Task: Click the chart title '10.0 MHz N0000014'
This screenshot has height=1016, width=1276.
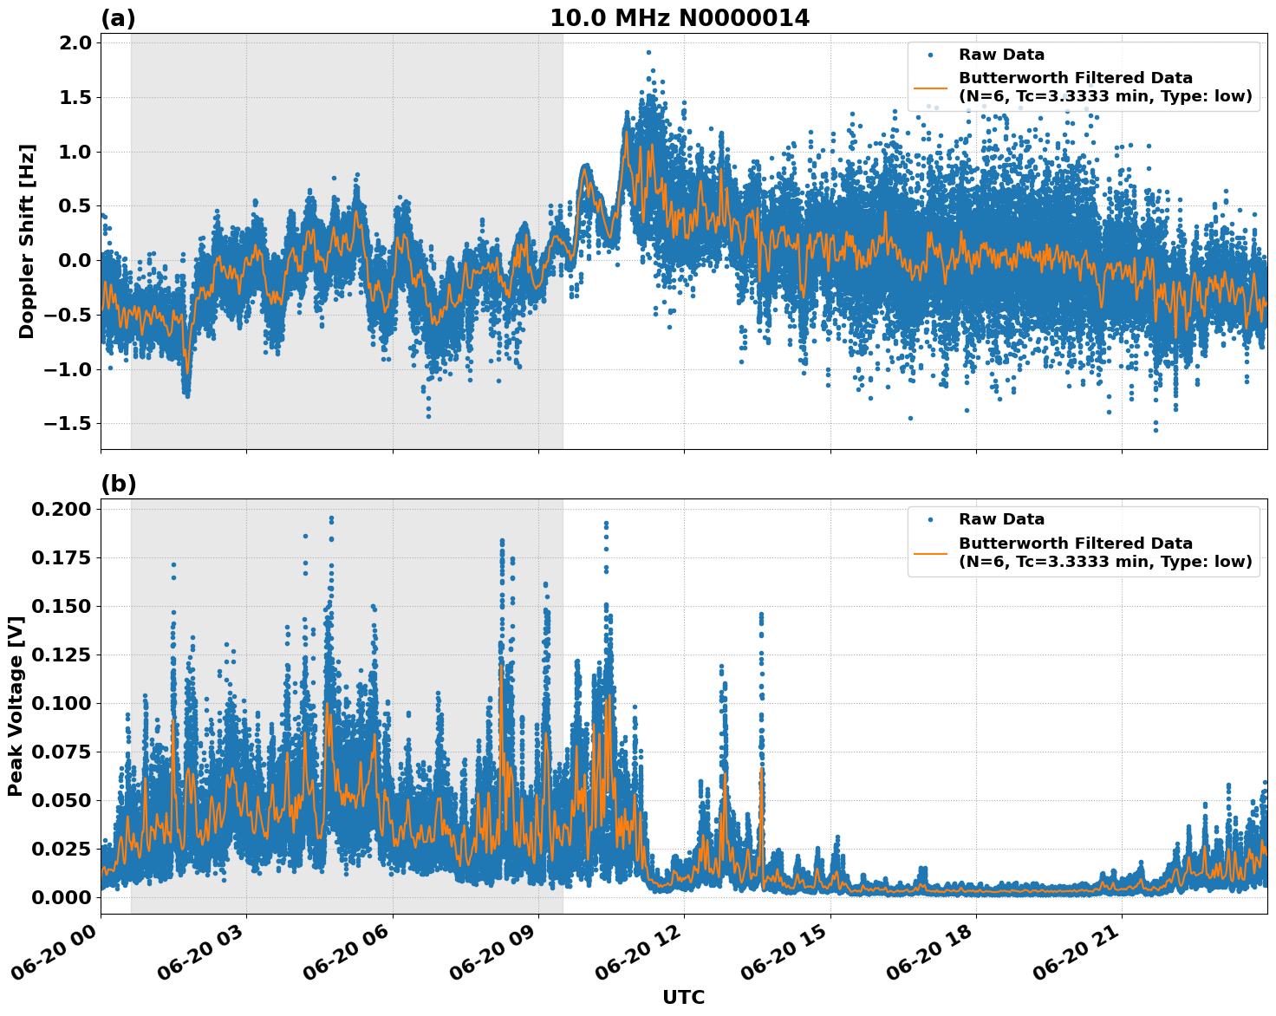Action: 679,18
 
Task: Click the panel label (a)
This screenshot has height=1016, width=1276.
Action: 118,18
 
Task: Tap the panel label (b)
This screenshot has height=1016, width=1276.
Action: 118,484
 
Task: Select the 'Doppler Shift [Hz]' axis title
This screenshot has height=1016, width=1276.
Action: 27,241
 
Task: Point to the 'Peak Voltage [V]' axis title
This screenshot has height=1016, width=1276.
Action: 15,706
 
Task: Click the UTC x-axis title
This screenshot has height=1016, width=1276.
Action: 683,997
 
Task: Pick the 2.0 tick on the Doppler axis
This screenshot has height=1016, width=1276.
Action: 74,43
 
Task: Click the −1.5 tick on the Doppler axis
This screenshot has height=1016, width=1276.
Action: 68,424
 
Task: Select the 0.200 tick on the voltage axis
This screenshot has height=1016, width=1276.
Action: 61,509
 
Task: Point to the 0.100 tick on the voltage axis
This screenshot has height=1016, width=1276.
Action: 61,703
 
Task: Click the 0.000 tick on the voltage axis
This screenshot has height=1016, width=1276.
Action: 61,897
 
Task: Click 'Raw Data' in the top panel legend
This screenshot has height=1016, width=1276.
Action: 1001,55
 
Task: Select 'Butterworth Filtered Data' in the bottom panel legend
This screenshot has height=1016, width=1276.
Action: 1075,544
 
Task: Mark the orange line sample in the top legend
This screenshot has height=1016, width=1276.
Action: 930,87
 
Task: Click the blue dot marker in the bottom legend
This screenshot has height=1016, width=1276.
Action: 930,519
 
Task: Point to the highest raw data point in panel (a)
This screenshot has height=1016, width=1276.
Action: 648,52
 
